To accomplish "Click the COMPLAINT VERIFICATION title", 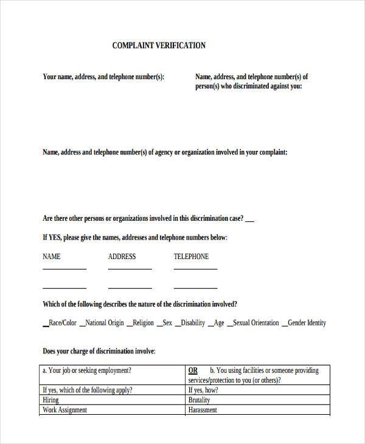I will (159, 45).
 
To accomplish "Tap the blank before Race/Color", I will (46, 325).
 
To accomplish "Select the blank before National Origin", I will (82, 325).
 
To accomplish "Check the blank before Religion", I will (128, 325).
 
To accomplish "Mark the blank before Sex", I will (159, 325).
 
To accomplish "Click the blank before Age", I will (210, 325).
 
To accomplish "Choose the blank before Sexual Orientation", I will (229, 325).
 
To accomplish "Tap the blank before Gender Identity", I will (284, 325).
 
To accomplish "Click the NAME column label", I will (52, 257).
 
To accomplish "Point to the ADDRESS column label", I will (122, 257).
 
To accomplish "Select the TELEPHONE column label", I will (191, 257).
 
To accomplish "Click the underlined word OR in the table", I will (193, 370).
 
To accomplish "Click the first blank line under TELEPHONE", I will (195, 268).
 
